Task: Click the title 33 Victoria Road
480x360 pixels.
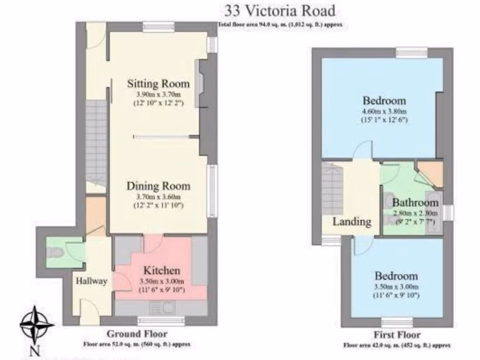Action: (x=280, y=10)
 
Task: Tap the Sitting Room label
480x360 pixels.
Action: (x=158, y=84)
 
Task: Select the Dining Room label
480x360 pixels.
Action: (x=158, y=186)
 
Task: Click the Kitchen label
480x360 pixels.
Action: (x=161, y=270)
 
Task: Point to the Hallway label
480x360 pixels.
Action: (x=92, y=281)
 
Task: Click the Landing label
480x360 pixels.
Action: (x=352, y=222)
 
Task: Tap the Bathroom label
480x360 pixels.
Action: (x=415, y=203)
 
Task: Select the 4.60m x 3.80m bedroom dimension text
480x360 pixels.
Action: (x=384, y=112)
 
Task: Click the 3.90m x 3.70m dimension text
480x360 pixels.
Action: (x=158, y=94)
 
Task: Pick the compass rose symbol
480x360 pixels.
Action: (x=37, y=324)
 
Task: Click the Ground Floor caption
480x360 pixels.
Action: (x=137, y=334)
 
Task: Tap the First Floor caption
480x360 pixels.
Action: (x=397, y=335)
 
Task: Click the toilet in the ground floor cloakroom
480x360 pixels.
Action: (x=56, y=253)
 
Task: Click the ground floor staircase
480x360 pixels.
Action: (x=97, y=141)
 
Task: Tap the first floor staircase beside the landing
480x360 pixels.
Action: (x=332, y=187)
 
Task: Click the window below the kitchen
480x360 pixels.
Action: (x=160, y=321)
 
